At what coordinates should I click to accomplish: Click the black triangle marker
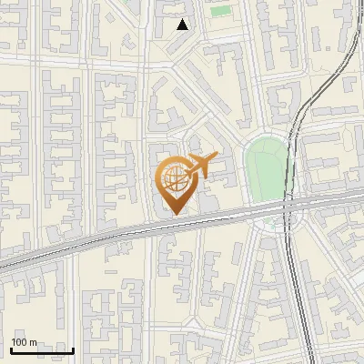(183, 25)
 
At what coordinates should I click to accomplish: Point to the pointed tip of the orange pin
(173, 214)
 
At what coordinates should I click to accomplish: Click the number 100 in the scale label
(19, 342)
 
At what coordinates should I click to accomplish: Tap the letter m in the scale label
(34, 342)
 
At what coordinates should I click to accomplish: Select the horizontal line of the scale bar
(42, 350)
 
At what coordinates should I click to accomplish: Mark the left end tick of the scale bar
(11, 349)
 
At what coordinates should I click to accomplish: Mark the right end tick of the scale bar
(73, 349)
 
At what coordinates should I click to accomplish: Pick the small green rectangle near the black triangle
(220, 11)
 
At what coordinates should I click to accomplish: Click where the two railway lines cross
(288, 207)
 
